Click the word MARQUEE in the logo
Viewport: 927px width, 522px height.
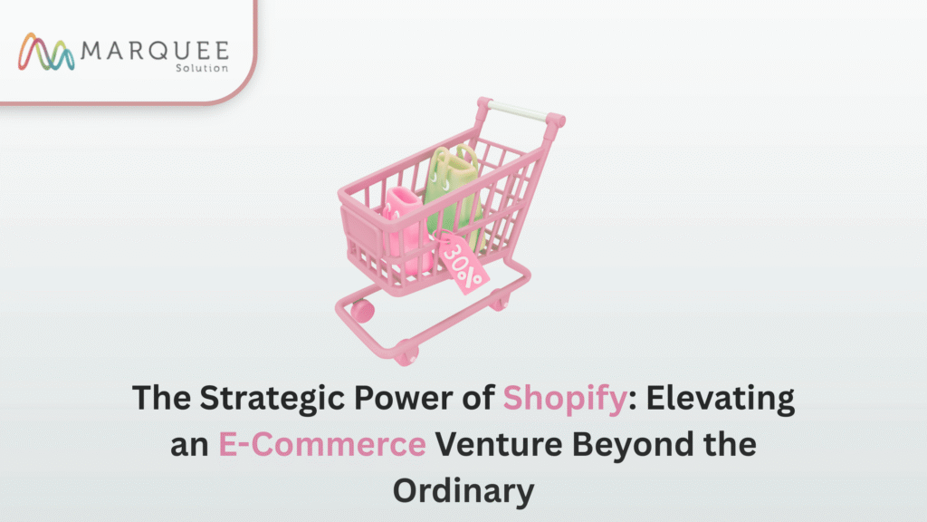[155, 51]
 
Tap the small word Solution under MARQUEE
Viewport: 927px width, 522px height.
[202, 68]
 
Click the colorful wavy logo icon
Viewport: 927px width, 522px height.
[46, 52]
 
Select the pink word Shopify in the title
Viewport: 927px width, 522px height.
[565, 399]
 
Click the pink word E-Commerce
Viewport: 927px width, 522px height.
[322, 444]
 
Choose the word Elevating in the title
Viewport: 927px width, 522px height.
[720, 399]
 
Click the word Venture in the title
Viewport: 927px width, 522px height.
[499, 444]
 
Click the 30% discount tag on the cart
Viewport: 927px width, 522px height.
[463, 263]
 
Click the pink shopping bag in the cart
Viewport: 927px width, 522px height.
[406, 227]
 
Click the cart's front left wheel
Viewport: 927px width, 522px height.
[362, 311]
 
